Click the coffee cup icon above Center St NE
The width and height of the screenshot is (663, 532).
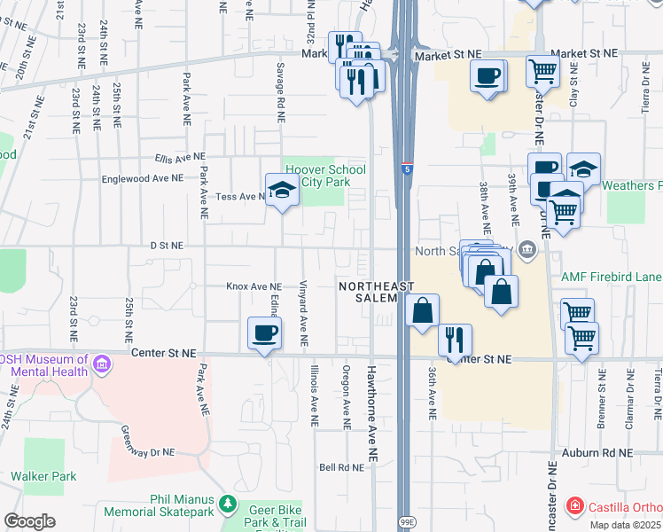coord(264,333)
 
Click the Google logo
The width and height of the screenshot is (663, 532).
coord(29,520)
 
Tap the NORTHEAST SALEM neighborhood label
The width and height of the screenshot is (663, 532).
coord(376,293)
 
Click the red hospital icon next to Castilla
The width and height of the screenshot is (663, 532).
coord(575,505)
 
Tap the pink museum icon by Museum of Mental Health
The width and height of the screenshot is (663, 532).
coord(102,363)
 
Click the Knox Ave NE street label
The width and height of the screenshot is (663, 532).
coord(253,286)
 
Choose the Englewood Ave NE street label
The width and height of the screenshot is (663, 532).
coord(142,177)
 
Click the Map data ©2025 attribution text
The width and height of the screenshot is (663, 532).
coord(626,525)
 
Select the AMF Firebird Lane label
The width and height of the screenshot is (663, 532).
coord(612,277)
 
